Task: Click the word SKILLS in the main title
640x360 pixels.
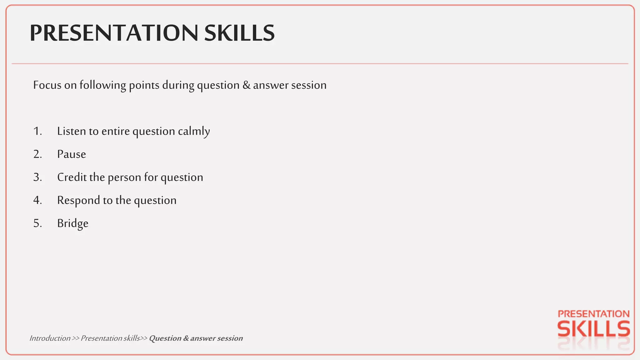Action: [239, 33]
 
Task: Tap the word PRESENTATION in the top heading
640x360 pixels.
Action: [114, 33]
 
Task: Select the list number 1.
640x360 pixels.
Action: [37, 131]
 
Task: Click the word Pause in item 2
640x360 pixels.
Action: [72, 154]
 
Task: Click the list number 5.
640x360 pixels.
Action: [37, 223]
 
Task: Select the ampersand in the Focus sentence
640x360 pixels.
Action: [246, 85]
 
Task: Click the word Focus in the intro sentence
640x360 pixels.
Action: [47, 85]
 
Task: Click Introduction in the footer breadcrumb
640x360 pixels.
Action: [50, 338]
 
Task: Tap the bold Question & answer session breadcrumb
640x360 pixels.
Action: [196, 338]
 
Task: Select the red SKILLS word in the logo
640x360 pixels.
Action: [593, 329]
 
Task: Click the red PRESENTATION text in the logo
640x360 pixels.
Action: [593, 314]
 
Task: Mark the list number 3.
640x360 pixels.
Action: [37, 177]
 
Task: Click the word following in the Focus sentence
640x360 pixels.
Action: [102, 85]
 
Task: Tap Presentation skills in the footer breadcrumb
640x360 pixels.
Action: [110, 338]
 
